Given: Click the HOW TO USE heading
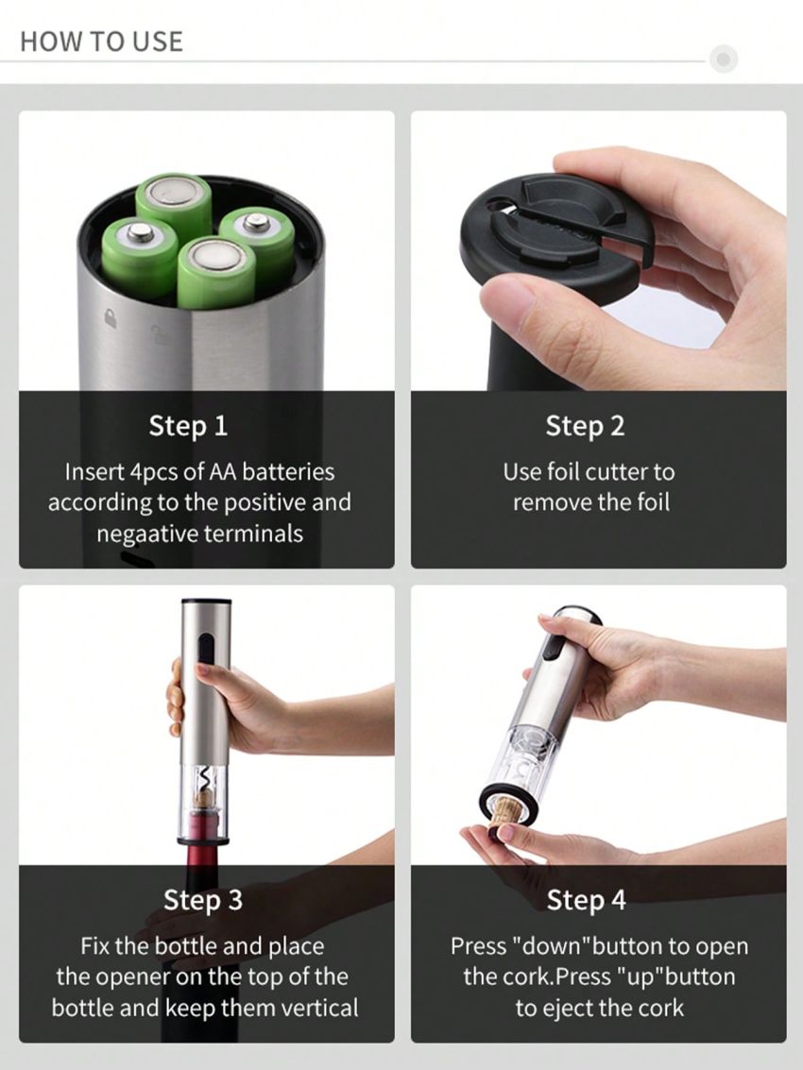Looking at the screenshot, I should click(x=101, y=42).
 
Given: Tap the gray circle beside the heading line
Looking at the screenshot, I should click(x=724, y=59).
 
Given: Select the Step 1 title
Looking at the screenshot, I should click(x=188, y=426).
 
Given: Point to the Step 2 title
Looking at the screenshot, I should click(x=585, y=426).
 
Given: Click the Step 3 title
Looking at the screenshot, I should click(x=203, y=900).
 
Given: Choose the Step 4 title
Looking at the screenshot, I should click(x=586, y=900).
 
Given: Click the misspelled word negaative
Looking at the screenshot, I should click(x=142, y=534).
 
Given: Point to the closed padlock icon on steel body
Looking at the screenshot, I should click(x=111, y=319).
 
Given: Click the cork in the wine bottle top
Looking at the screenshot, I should click(x=203, y=798).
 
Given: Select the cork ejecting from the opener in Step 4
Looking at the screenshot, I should click(x=508, y=809).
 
